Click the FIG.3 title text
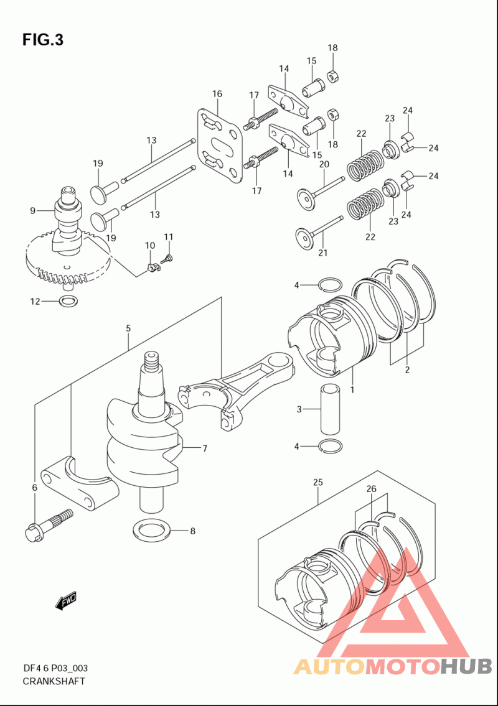coord(43,40)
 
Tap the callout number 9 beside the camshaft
coord(32,211)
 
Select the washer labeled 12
coord(68,302)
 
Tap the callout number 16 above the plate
coord(217,94)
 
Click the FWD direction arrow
coord(65,600)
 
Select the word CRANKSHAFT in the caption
coord(54,681)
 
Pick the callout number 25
coord(317,482)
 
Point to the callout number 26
coord(372,489)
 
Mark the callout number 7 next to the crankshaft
coord(204,448)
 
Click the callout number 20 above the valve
coord(324,164)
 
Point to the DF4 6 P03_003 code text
coord(55,668)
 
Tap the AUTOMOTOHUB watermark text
coord(392,667)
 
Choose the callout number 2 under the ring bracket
coord(406,370)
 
